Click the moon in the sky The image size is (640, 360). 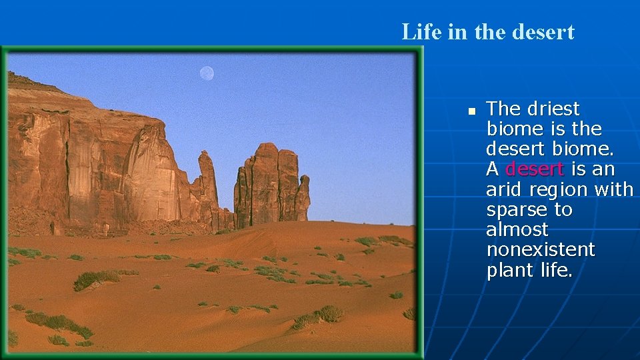(x=207, y=73)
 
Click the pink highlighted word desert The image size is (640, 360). (x=535, y=169)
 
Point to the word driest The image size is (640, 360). (x=553, y=109)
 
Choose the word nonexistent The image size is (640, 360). (x=540, y=250)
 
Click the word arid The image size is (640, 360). (x=504, y=190)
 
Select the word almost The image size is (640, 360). (x=517, y=230)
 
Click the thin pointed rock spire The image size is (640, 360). (x=207, y=177)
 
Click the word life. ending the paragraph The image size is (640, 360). (x=556, y=271)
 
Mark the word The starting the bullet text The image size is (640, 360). (x=504, y=109)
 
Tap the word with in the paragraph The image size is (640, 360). (x=614, y=190)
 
